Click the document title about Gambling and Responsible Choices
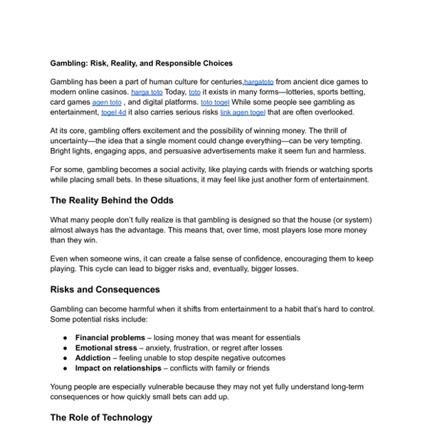(x=141, y=63)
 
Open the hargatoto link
(x=258, y=83)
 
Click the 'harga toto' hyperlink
(x=147, y=93)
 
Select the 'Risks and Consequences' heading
(x=105, y=290)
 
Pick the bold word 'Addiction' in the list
(x=93, y=357)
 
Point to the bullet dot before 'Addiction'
(x=65, y=357)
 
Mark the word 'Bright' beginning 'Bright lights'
(x=62, y=151)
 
